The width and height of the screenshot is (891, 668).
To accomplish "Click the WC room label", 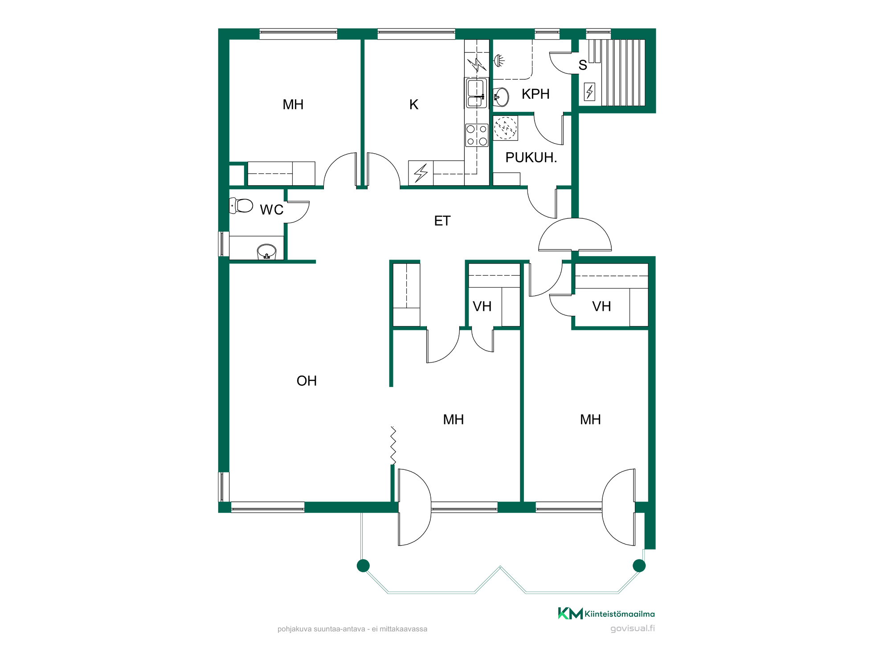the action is [x=272, y=210].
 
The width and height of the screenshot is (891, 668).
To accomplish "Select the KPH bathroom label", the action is [x=535, y=94].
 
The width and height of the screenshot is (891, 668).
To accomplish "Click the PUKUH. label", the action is [x=531, y=158].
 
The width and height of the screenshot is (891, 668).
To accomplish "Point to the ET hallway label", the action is [x=442, y=221].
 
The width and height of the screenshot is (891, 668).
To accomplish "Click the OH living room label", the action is [x=307, y=381].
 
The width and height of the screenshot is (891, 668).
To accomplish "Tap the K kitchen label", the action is [x=414, y=105].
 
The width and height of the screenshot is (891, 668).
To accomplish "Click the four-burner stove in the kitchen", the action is [x=477, y=135].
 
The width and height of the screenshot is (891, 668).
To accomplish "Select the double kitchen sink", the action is [x=476, y=93].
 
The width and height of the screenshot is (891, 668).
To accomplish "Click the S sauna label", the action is [x=583, y=65].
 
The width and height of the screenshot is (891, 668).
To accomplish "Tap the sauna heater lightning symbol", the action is [x=590, y=92].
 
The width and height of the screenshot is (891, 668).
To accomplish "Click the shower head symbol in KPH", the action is [x=499, y=61].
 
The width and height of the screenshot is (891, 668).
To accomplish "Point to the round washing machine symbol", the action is [x=506, y=128].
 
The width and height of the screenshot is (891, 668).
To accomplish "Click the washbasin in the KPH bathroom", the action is [x=501, y=97].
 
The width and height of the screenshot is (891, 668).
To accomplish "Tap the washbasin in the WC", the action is [x=266, y=252].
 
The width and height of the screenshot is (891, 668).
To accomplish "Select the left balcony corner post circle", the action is [x=363, y=566].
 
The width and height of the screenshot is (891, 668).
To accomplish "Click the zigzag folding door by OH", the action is [x=393, y=445].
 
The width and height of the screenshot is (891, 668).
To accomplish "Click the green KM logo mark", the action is [x=570, y=614].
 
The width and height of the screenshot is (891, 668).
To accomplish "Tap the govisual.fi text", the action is [x=633, y=628].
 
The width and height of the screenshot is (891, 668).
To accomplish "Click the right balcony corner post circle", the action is [x=639, y=566].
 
